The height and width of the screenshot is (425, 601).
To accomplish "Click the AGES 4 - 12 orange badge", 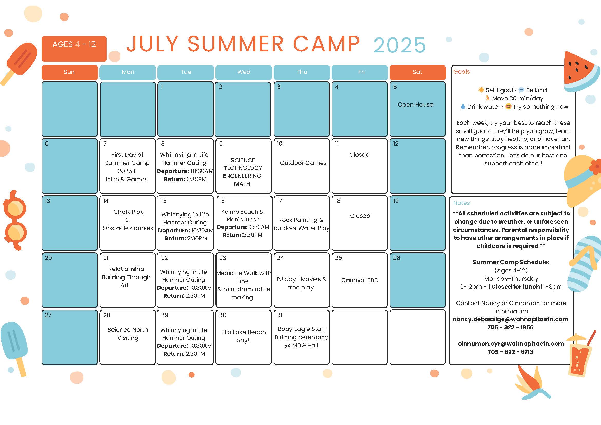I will click(x=74, y=49).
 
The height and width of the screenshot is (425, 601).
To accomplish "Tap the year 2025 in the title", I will click(x=399, y=45).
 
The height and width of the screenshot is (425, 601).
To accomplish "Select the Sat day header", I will click(x=417, y=72).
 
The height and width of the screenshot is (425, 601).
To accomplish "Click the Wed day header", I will click(x=243, y=72).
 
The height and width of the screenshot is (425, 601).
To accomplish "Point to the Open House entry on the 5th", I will click(x=415, y=105).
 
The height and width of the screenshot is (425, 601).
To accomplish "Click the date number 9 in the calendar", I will click(x=221, y=144).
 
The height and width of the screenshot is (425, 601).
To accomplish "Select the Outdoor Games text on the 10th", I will click(x=303, y=163).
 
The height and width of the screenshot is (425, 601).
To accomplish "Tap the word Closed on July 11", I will click(x=359, y=155).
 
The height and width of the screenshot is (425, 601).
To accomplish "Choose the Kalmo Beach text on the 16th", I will click(x=242, y=212).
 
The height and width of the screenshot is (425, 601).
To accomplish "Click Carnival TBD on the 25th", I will click(x=359, y=280).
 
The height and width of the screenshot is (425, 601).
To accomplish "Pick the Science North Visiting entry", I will click(x=128, y=334).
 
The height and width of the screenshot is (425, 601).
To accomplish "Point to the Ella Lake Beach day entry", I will click(x=243, y=336).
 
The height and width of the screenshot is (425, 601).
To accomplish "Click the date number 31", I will click(x=279, y=315).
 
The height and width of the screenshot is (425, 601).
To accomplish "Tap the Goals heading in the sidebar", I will click(x=461, y=72).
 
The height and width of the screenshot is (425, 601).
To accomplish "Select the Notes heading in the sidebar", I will click(x=461, y=203).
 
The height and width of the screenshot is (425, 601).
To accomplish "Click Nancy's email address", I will click(x=510, y=319).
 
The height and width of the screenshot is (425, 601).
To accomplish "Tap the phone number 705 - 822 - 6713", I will click(x=510, y=352).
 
